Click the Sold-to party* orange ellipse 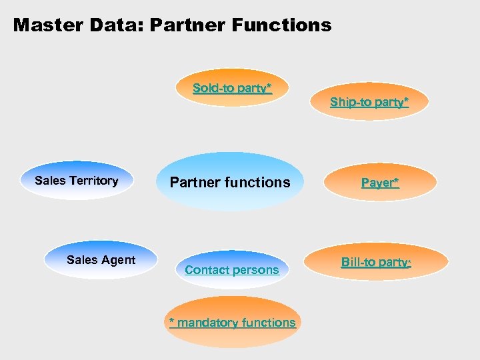point(232,88)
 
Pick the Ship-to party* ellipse point(369,102)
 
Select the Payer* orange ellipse point(381,182)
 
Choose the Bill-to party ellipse point(376,262)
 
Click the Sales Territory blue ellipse point(77,181)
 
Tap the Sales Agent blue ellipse point(101,260)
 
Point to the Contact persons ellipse point(231,270)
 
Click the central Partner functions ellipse point(230,182)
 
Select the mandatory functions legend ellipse point(231,323)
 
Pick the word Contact point(204,270)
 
